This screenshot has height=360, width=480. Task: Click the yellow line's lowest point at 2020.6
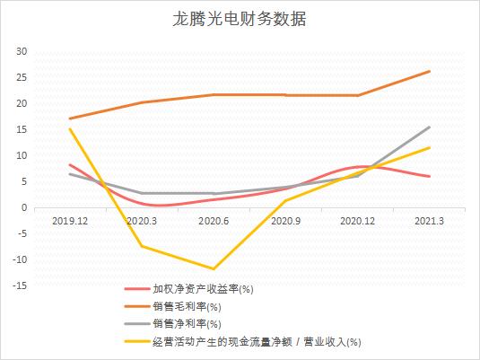pos(214,268)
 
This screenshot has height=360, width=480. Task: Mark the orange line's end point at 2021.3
pos(430,71)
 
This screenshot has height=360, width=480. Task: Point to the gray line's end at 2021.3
pos(430,127)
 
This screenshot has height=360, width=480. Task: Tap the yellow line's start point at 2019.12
pos(69,128)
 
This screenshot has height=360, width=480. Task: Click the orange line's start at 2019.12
pos(69,119)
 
